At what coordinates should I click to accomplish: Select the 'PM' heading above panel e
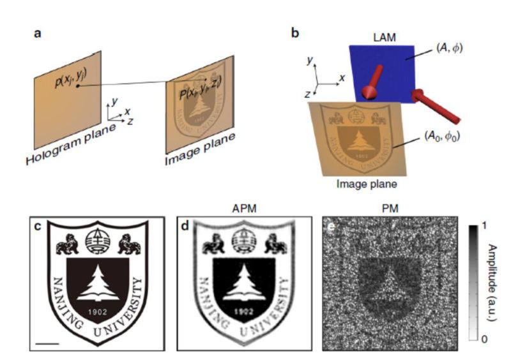click(383, 207)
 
